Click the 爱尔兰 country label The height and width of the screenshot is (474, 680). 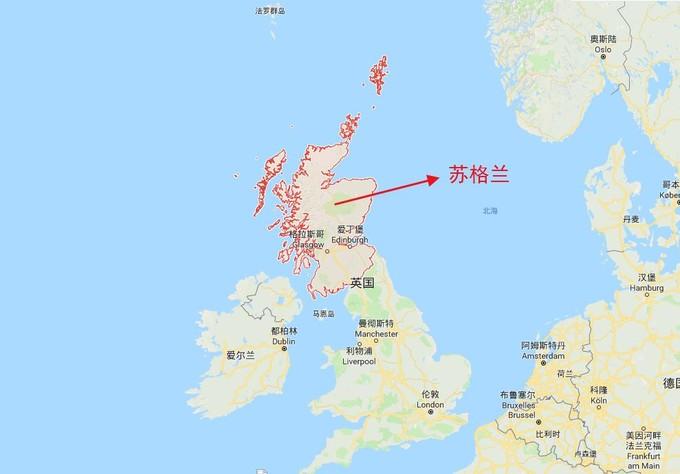[x=242, y=355]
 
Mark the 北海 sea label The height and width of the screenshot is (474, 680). [x=489, y=211]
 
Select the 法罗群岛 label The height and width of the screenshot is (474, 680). [x=270, y=11]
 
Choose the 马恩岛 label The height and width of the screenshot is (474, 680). [x=322, y=313]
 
